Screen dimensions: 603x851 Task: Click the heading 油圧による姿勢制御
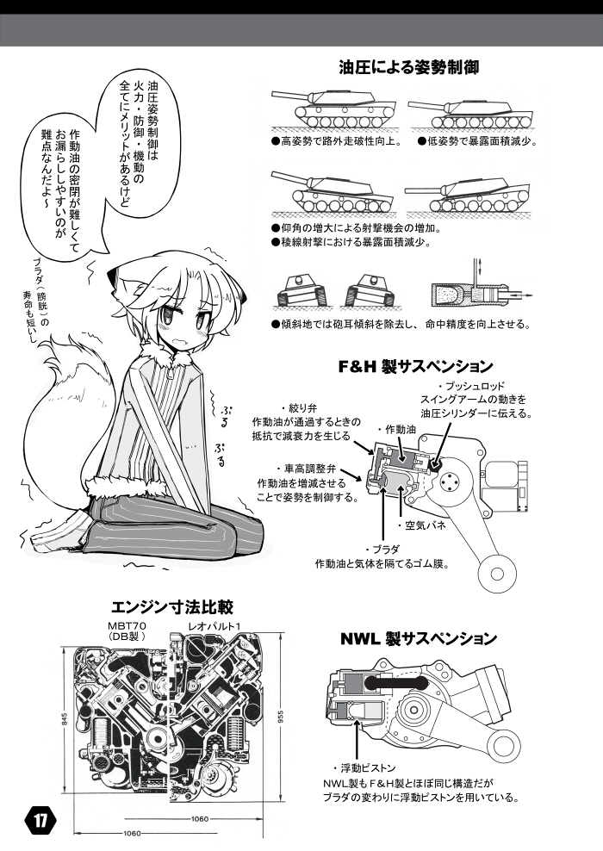408,68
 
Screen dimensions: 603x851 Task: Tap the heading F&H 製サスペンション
415,367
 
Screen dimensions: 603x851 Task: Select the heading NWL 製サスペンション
419,638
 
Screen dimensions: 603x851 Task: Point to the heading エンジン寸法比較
172,606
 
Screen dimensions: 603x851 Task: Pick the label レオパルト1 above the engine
214,626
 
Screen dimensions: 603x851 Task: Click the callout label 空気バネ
421,526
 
